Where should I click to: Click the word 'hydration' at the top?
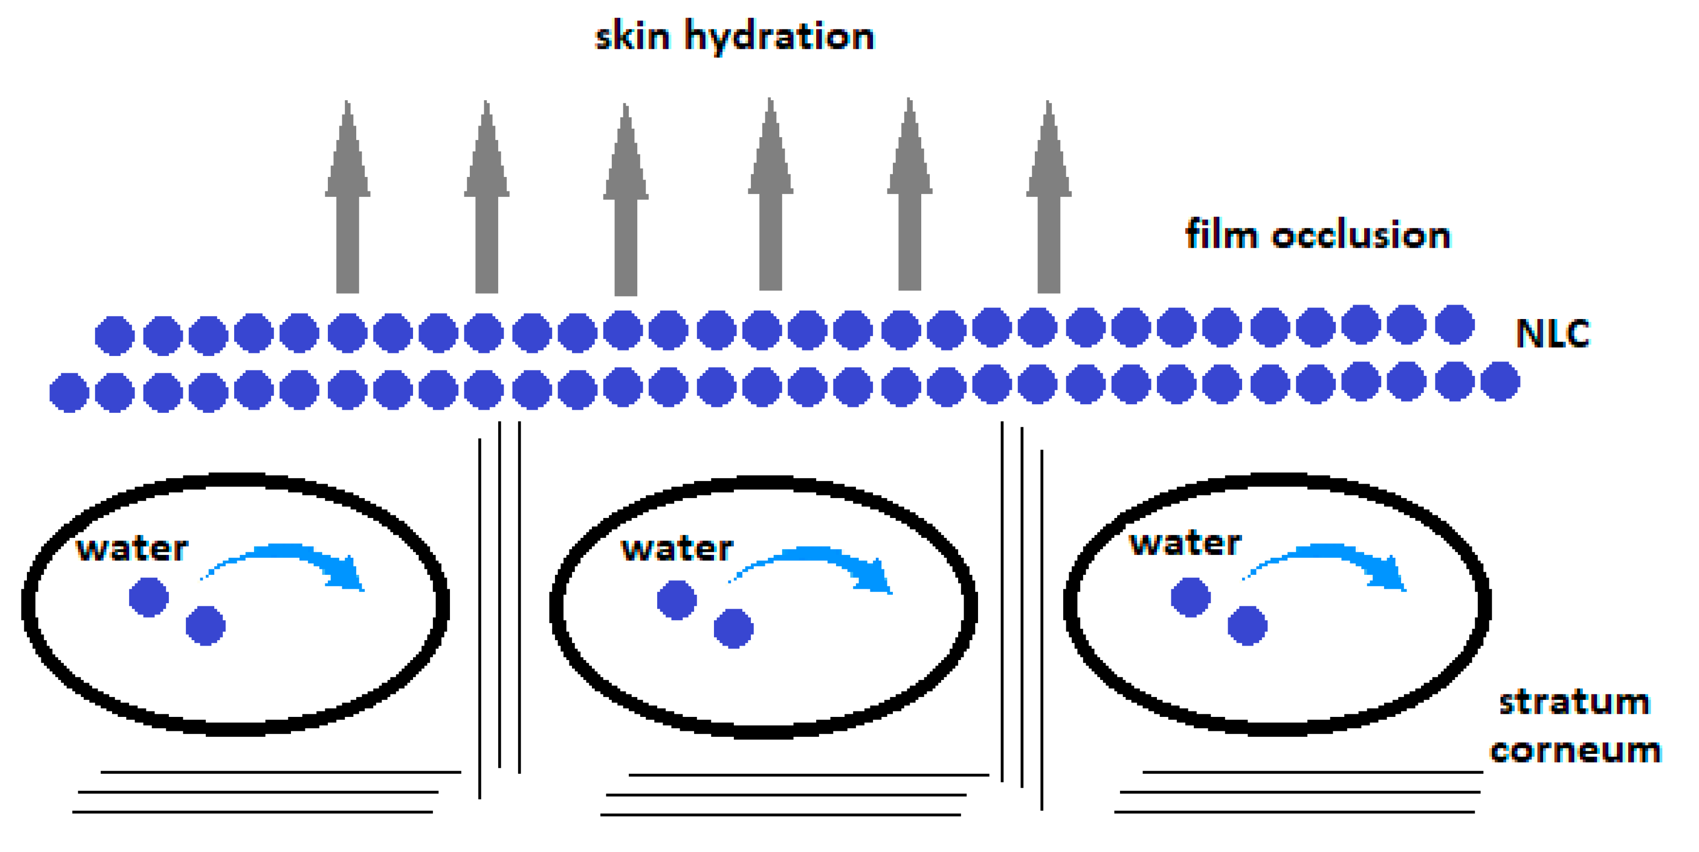pos(780,37)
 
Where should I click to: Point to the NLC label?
pos(1552,334)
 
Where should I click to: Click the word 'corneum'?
pos(1575,751)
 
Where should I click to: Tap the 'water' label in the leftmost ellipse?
pos(132,549)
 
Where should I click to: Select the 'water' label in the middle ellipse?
pos(677,549)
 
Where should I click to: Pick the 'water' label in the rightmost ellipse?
pos(1185,544)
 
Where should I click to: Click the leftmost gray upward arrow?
pos(348,198)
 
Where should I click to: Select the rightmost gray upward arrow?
pos(1049,198)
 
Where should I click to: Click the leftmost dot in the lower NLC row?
pos(69,393)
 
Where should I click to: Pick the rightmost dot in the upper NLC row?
pos(1455,325)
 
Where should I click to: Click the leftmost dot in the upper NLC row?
pos(115,335)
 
